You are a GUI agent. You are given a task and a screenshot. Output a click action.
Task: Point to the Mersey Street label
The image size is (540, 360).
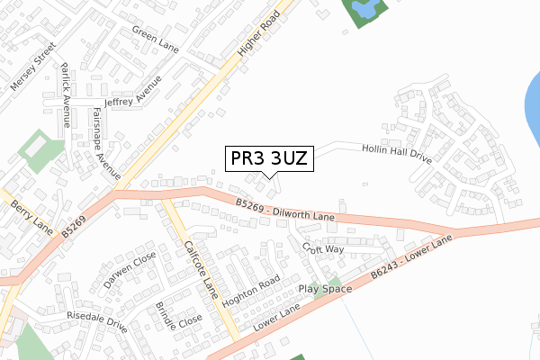tap(27, 69)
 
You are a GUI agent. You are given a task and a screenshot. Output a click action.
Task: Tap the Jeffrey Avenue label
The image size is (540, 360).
tap(132, 95)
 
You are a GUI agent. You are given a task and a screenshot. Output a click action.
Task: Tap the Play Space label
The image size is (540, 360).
tap(326, 289)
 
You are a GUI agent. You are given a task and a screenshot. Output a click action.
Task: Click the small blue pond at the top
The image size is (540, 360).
tap(364, 11)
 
